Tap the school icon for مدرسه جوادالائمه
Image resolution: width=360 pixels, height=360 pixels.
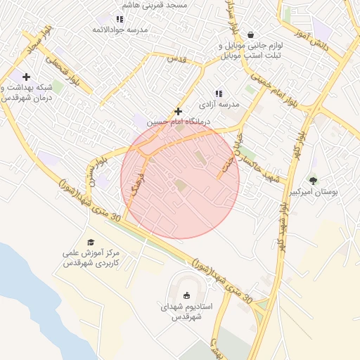pyautogui.click(x=120, y=18)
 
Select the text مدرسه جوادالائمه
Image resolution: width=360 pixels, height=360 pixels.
pyautogui.click(x=120, y=30)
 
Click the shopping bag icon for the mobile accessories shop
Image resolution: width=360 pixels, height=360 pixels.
pyautogui.click(x=250, y=34)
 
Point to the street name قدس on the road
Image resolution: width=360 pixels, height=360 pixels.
pyautogui.click(x=175, y=60)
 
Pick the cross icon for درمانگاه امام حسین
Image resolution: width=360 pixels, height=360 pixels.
pyautogui.click(x=179, y=111)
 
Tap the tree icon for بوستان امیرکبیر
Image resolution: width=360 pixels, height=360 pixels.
pyautogui.click(x=313, y=181)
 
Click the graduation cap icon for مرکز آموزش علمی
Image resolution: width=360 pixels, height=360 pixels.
pyautogui.click(x=90, y=242)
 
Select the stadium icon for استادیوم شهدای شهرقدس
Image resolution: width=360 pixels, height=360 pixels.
pyautogui.click(x=186, y=296)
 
